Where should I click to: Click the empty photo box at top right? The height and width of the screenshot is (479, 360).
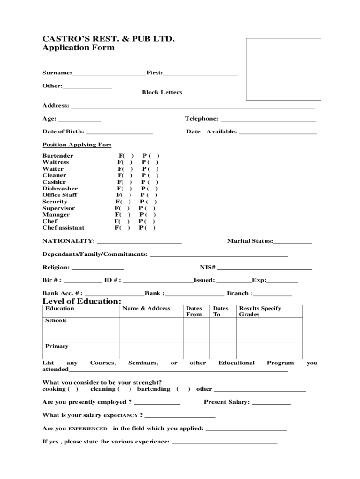(x=283, y=69)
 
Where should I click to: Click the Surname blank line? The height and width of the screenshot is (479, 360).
(x=108, y=73)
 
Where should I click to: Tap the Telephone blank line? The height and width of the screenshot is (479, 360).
(x=268, y=119)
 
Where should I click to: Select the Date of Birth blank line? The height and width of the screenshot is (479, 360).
(x=119, y=132)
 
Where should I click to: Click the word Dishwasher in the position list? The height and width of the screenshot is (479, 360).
(x=60, y=189)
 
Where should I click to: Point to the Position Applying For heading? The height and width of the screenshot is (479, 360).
(x=77, y=145)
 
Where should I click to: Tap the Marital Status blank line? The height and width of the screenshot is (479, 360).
(x=293, y=241)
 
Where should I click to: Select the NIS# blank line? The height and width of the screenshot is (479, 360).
(x=264, y=268)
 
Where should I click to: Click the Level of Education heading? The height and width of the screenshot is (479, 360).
(x=82, y=301)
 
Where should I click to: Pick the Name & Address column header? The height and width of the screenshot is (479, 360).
(x=146, y=309)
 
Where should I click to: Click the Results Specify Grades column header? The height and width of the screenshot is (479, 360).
(x=260, y=312)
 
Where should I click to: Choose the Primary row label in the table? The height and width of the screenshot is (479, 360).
(x=57, y=346)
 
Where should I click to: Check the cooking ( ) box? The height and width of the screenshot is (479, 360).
(x=73, y=389)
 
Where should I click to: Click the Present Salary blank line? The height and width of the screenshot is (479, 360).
(x=271, y=402)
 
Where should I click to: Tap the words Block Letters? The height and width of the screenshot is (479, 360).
(x=162, y=93)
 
